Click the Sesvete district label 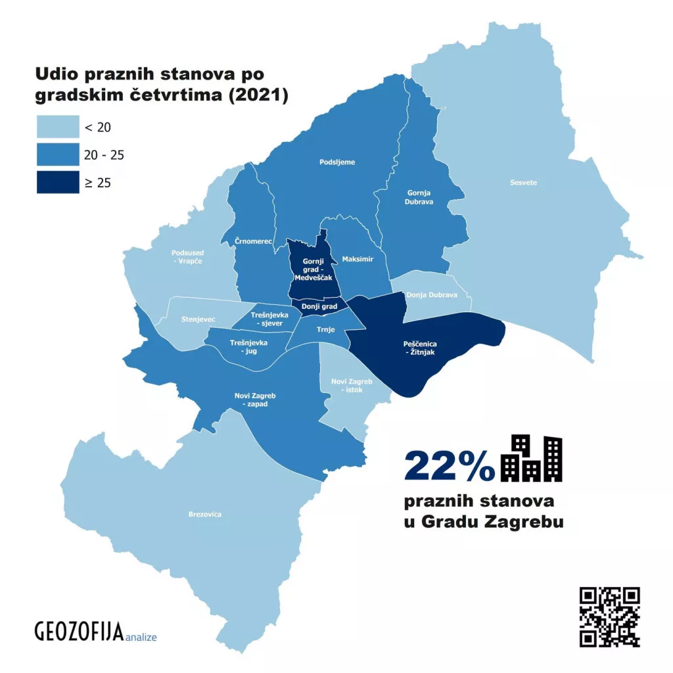523,183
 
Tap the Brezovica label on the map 204,514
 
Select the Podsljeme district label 336,162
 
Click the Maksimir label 358,260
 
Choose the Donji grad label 319,306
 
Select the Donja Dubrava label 431,295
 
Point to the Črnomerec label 254,242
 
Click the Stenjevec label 198,319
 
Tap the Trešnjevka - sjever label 266,319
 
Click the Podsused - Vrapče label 187,257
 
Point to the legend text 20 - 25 104,155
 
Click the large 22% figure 450,465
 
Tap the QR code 609,616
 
